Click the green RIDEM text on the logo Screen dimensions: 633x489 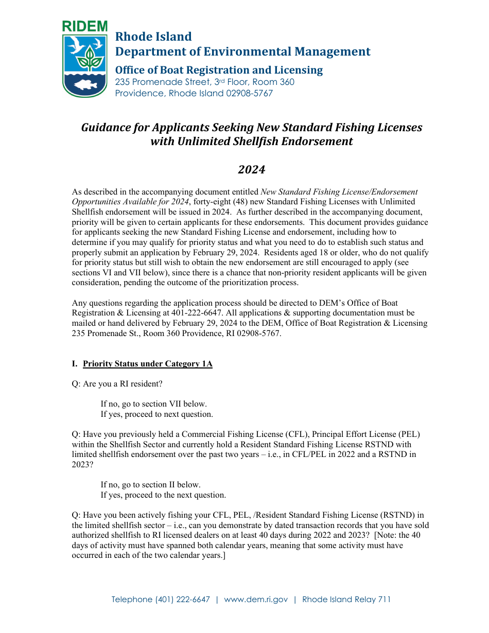tap(84, 27)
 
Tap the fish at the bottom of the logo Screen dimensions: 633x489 tap(85, 84)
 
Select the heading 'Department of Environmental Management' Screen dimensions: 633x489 tap(242, 51)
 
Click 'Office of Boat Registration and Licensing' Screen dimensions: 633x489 tap(219, 70)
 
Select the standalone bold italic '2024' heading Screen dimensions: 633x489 tap(251, 169)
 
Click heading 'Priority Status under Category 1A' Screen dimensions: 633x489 tap(147, 364)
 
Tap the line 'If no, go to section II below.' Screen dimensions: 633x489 tap(150, 485)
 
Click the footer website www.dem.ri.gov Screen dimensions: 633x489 tap(256, 600)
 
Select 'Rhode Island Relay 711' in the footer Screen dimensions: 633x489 tap(346, 600)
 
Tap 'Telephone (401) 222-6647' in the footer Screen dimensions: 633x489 tap(161, 600)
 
